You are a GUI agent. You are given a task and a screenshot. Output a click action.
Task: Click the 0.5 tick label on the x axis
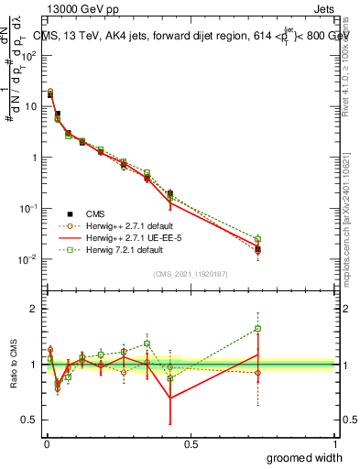pos(191,443)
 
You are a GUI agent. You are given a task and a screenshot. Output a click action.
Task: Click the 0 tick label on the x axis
pos(47,443)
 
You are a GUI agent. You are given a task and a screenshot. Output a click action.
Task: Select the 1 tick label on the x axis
pos(334,443)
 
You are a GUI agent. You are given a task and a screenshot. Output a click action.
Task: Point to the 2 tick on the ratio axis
pos(35,309)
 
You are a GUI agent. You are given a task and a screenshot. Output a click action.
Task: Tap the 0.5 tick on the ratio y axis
pos(31,420)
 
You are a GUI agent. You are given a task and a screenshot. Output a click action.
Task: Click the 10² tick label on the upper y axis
pos(30,55)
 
